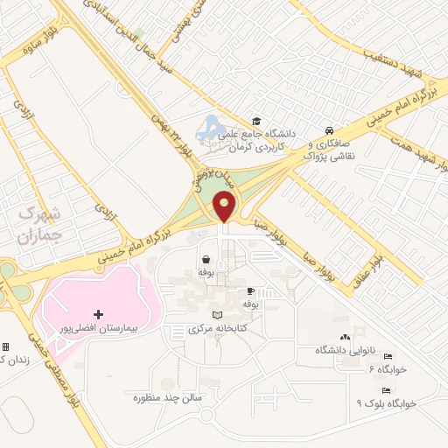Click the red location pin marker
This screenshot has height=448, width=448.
[x=225, y=207]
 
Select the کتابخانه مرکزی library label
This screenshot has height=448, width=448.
[x=218, y=330]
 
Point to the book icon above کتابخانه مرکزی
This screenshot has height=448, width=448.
[x=218, y=315]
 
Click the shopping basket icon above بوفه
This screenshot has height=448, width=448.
[x=206, y=259]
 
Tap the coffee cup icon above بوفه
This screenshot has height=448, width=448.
[x=251, y=290]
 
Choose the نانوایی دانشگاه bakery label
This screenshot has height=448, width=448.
[x=343, y=350]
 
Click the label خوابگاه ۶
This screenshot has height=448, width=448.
[x=388, y=369]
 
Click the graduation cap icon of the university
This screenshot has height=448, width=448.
[x=256, y=122]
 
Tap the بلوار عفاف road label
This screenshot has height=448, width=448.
[x=378, y=251]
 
